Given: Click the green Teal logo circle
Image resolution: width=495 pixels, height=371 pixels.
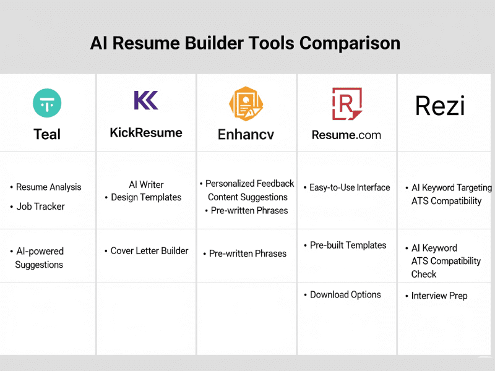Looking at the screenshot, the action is point(47,103).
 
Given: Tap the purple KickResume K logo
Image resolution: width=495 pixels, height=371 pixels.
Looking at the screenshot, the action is point(146,100).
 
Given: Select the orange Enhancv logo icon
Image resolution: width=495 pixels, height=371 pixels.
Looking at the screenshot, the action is point(246,104).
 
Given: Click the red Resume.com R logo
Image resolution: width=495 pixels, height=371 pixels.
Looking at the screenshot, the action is point(347,104).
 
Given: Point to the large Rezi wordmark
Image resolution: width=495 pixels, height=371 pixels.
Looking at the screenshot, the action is point(440,106).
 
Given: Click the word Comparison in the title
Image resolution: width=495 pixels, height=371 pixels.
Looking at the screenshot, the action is point(350,43).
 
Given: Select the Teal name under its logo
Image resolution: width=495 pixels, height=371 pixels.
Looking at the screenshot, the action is point(47,134).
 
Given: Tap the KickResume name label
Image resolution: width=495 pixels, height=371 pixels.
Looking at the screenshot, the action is point(146,133).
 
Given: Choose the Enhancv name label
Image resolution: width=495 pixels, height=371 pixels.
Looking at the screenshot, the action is point(246,134).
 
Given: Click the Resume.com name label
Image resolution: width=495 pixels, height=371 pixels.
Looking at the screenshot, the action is point(346,135).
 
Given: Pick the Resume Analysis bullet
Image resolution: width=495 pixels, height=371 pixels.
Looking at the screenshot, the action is point(49,187).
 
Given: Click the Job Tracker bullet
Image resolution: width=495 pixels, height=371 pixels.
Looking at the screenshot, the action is point(40,207).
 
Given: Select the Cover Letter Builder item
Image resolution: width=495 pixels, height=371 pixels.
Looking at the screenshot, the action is point(149,251).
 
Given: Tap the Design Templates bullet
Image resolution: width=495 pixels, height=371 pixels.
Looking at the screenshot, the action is point(146,197).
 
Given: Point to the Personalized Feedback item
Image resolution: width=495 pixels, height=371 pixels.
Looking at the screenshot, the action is point(250,183).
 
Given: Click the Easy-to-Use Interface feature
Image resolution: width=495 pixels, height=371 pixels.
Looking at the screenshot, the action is point(350,187).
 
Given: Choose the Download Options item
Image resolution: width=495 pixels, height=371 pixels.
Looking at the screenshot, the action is point(345,295).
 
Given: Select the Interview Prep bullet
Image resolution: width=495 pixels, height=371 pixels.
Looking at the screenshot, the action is point(439,296).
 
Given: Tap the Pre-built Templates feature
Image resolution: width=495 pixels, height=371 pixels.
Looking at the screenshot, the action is point(348,245).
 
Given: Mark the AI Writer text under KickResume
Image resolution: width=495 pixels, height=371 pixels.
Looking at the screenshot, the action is point(146,184).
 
